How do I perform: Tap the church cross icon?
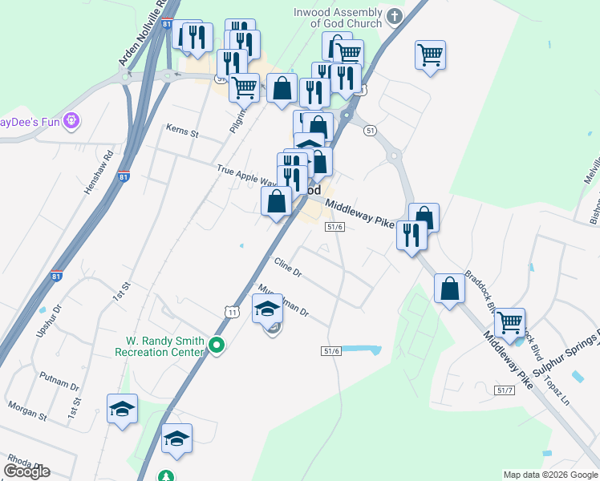click(393, 16)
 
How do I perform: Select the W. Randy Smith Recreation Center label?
click(160, 346)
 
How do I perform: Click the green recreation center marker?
click(216, 346)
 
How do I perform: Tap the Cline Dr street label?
click(287, 267)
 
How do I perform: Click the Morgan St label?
click(27, 406)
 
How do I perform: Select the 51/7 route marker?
click(505, 390)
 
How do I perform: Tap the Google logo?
click(26, 471)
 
